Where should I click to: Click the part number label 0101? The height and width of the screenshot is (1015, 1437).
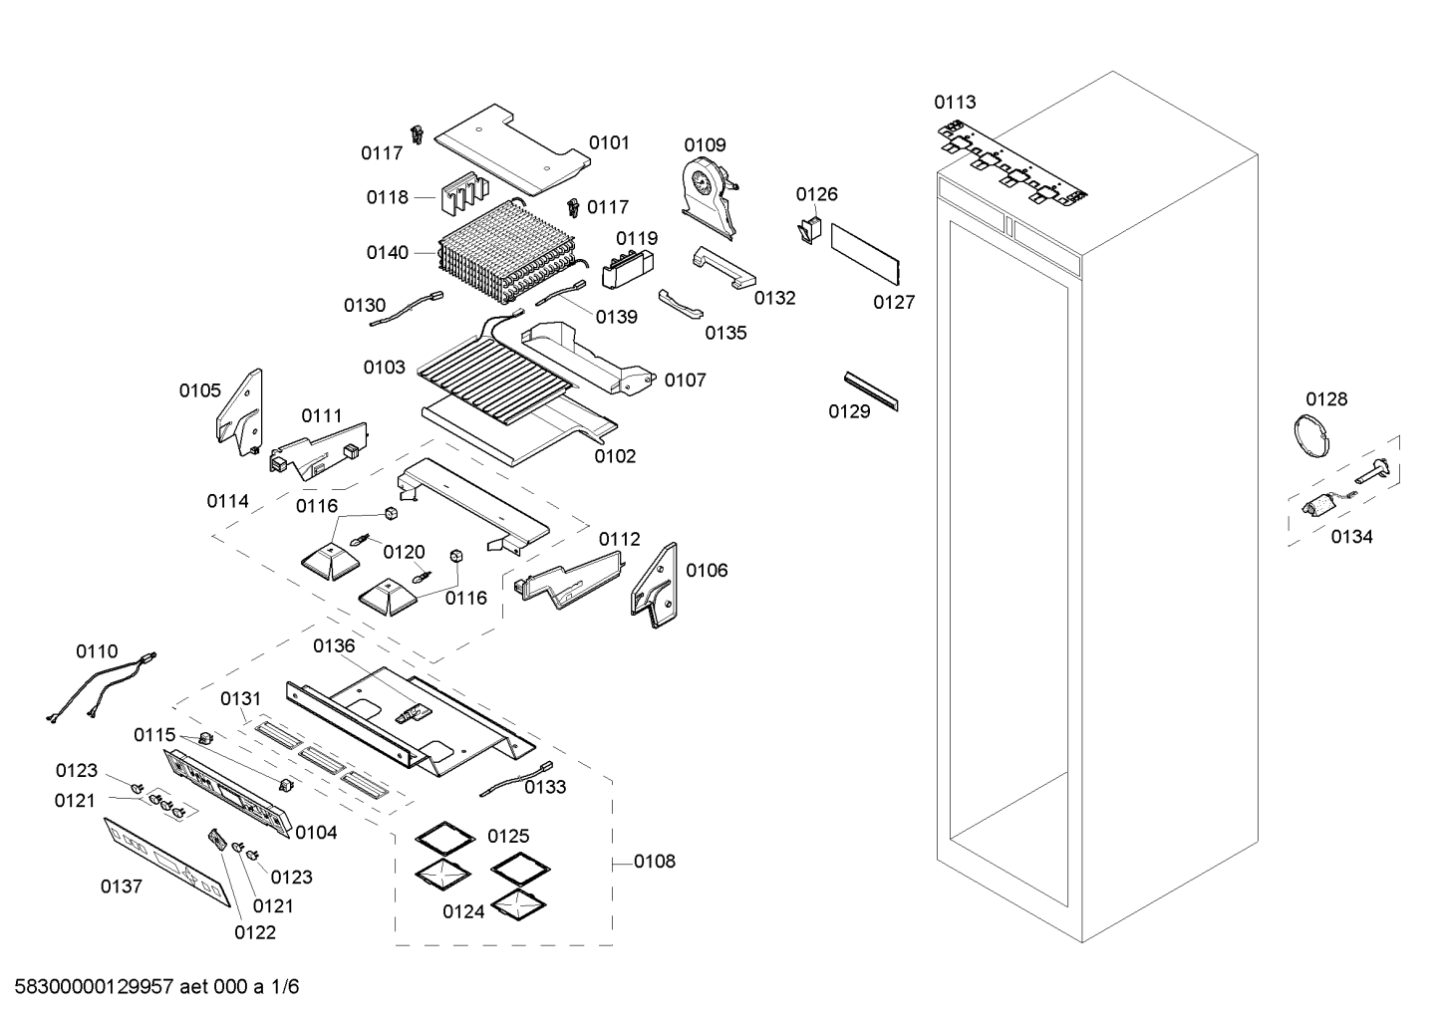609,142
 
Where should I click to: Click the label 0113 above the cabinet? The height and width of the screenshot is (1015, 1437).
955,102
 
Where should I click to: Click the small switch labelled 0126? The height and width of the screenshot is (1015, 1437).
808,230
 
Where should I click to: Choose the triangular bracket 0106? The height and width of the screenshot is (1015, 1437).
654,582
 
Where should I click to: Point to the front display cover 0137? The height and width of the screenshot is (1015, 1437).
166,862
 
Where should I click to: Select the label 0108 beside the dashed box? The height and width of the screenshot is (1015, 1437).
654,861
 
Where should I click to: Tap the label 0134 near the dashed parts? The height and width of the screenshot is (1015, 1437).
1351,537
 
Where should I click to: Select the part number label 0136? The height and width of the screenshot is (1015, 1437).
334,646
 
